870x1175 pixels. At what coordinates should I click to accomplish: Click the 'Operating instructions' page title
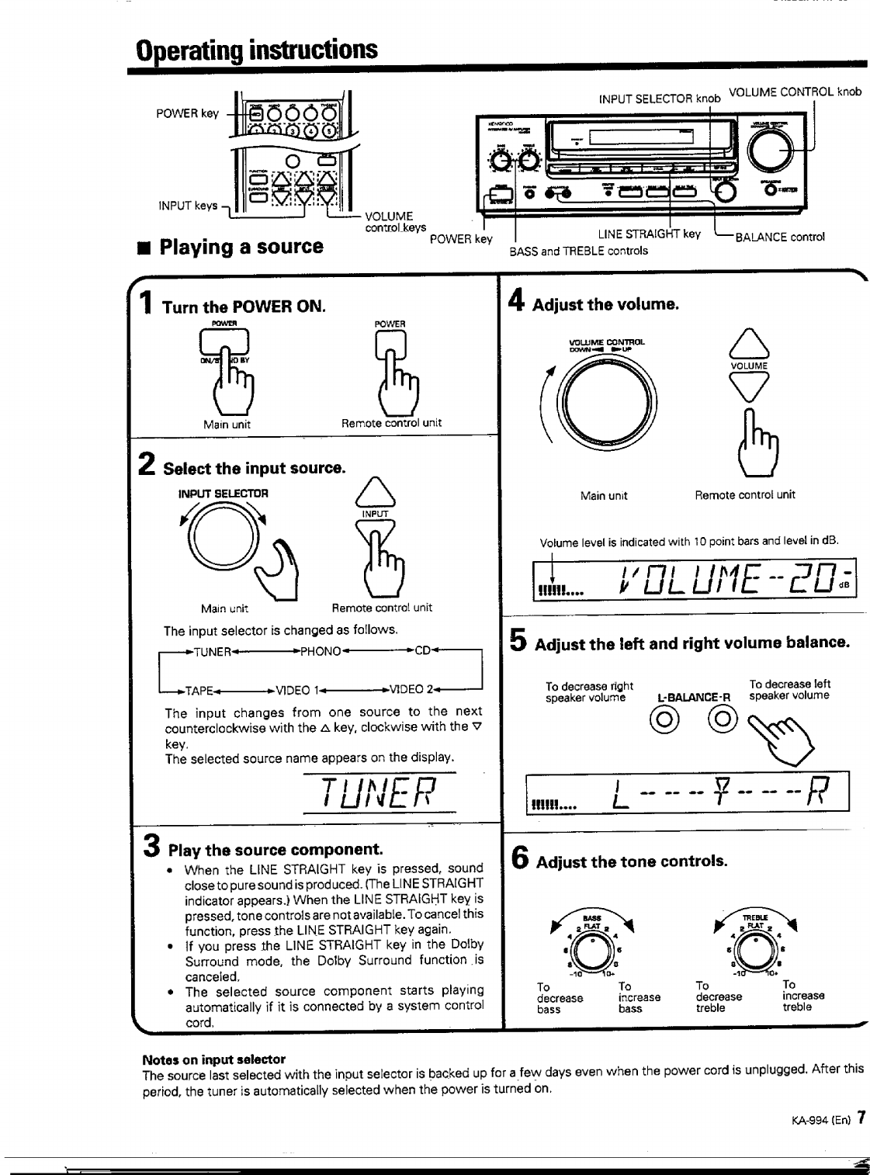(x=256, y=50)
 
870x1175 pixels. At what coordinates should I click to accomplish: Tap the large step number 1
(x=146, y=301)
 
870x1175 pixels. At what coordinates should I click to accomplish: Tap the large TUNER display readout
(x=380, y=794)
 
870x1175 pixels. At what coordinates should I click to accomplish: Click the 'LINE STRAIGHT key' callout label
(x=649, y=234)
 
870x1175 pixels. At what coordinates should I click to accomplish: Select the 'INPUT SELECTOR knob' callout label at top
(x=660, y=99)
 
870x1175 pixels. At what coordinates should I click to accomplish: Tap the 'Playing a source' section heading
(x=241, y=247)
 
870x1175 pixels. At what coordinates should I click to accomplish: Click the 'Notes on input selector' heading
(x=213, y=1059)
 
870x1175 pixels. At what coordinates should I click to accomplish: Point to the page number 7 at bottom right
(x=861, y=1119)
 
